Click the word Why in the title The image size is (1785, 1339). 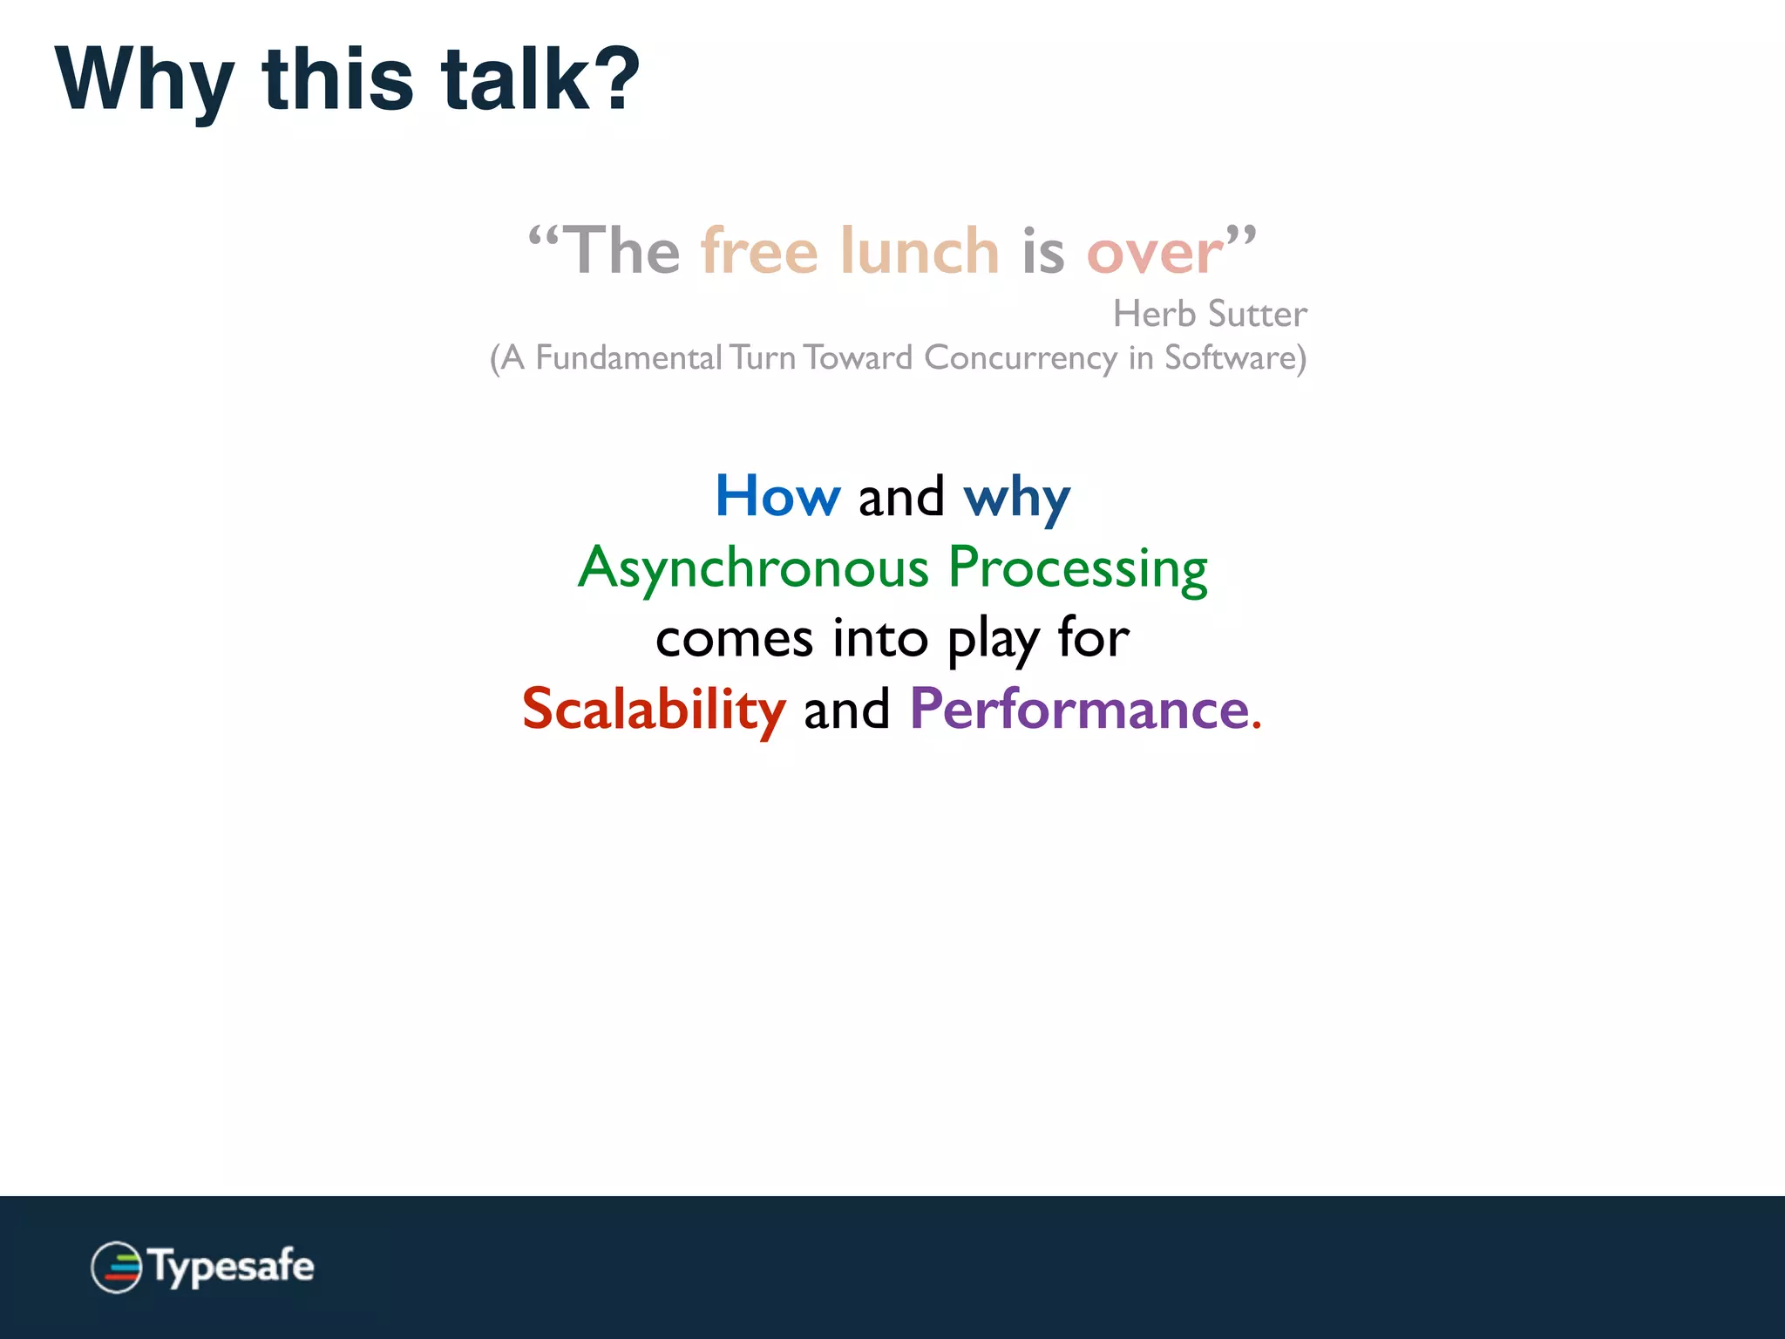pyautogui.click(x=144, y=80)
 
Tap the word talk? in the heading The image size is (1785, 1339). pyautogui.click(x=540, y=80)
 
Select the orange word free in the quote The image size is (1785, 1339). pyautogui.click(x=759, y=252)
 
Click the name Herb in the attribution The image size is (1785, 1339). pyautogui.click(x=1154, y=314)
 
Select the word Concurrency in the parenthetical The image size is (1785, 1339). pyautogui.click(x=1020, y=358)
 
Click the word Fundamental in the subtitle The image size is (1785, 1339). pyautogui.click(x=628, y=358)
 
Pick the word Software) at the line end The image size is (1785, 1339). pyautogui.click(x=1235, y=358)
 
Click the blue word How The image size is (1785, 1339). pyautogui.click(x=777, y=496)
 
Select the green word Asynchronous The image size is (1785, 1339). pyautogui.click(x=753, y=568)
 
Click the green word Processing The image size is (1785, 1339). pyautogui.click(x=1077, y=568)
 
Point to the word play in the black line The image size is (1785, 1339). pyautogui.click(x=993, y=640)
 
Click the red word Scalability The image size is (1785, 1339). pyautogui.click(x=654, y=709)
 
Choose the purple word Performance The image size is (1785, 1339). pyautogui.click(x=1080, y=709)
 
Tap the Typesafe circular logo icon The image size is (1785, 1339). pyautogui.click(x=116, y=1267)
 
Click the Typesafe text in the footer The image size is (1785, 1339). pyautogui.click(x=232, y=1267)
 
